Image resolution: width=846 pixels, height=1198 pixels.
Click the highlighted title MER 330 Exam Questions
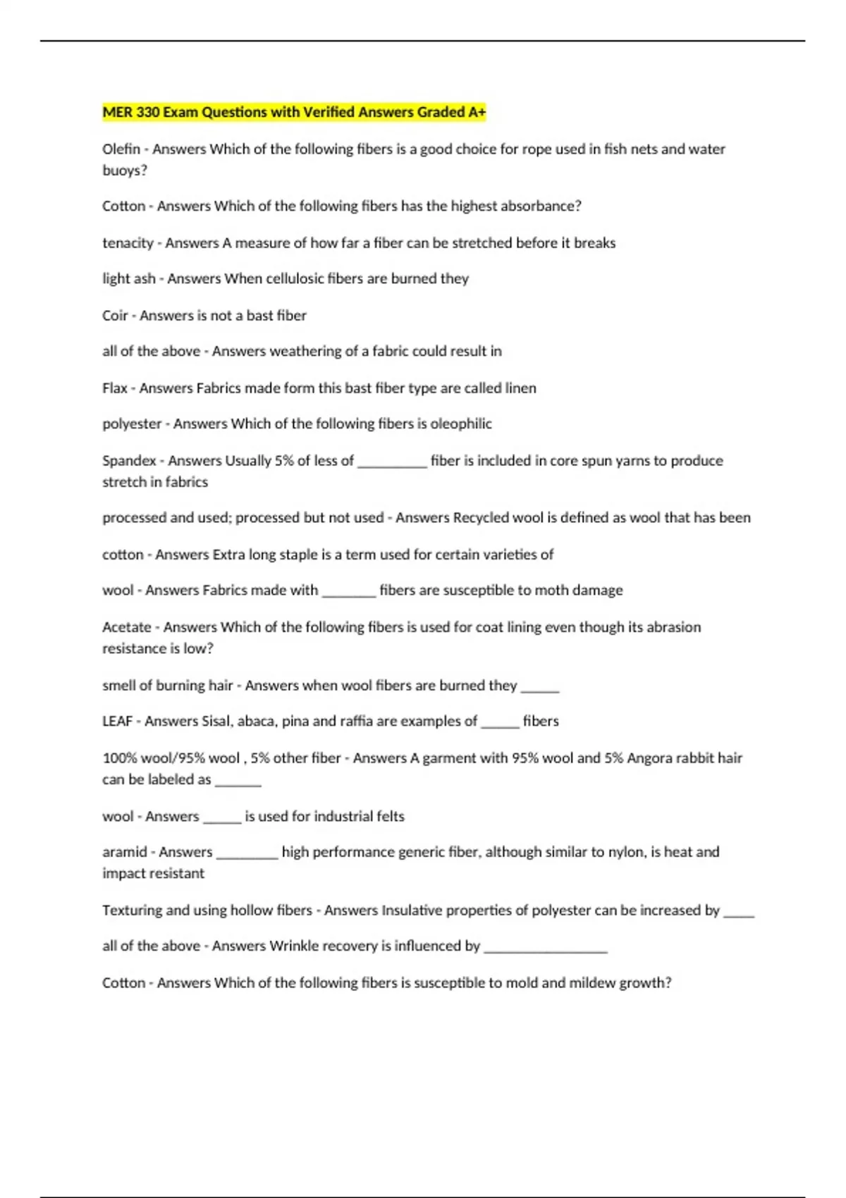(294, 112)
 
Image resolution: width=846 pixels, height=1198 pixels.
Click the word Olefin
(121, 149)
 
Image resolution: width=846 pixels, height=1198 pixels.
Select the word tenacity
(128, 243)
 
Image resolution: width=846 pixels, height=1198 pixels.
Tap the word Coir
(115, 316)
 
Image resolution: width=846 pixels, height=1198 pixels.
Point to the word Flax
(115, 388)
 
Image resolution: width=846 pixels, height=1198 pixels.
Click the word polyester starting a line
(132, 424)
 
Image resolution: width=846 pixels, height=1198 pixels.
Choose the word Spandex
(129, 461)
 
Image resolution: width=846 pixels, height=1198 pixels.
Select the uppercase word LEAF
(117, 721)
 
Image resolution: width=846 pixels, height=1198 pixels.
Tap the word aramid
(125, 852)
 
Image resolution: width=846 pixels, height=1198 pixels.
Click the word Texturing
(132, 910)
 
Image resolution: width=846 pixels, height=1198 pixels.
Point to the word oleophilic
(461, 424)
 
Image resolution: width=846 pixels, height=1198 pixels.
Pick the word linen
(520, 388)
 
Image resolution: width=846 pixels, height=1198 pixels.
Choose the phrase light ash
(129, 279)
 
